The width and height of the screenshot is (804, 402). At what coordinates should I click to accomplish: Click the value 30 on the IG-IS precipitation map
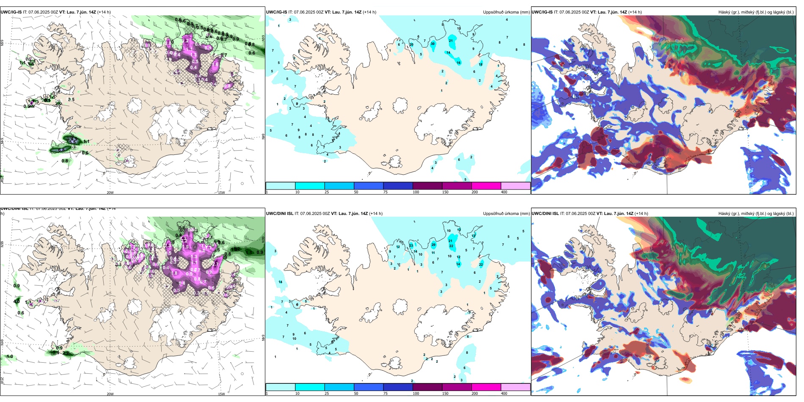coord(432,44)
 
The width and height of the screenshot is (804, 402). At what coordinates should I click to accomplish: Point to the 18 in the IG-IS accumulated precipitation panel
coord(480,64)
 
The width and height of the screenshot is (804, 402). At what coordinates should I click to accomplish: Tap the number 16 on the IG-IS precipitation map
coord(458,63)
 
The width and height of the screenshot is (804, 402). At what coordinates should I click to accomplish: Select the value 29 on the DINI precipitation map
coord(433,245)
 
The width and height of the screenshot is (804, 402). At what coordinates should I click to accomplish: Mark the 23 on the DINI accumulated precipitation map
coord(411,245)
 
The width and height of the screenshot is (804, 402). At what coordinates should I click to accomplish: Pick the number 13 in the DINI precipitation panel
coord(474,236)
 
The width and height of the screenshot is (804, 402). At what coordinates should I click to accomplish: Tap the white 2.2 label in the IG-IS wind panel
coord(185,41)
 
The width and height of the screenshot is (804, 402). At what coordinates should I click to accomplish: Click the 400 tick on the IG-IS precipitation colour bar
coord(504,192)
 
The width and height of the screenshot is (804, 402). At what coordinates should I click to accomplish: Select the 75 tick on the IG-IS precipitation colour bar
coord(385,192)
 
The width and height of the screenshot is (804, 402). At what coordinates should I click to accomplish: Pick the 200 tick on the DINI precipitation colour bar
coord(474,394)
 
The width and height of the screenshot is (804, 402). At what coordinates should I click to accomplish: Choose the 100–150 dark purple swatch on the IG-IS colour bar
coord(427,186)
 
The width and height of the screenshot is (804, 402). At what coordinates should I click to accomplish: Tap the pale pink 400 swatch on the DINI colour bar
coord(515,387)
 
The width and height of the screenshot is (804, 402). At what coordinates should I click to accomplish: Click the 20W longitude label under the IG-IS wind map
coord(110,193)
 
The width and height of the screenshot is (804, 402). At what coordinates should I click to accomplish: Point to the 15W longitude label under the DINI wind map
coord(221,394)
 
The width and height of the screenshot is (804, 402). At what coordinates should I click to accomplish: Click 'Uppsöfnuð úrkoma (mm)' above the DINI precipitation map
coord(506,214)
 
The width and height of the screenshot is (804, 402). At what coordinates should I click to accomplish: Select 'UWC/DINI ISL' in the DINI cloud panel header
coord(545,214)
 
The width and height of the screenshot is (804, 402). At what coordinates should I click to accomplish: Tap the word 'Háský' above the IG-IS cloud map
coord(725,12)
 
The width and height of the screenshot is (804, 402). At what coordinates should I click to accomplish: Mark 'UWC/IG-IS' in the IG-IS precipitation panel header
coord(277,12)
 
